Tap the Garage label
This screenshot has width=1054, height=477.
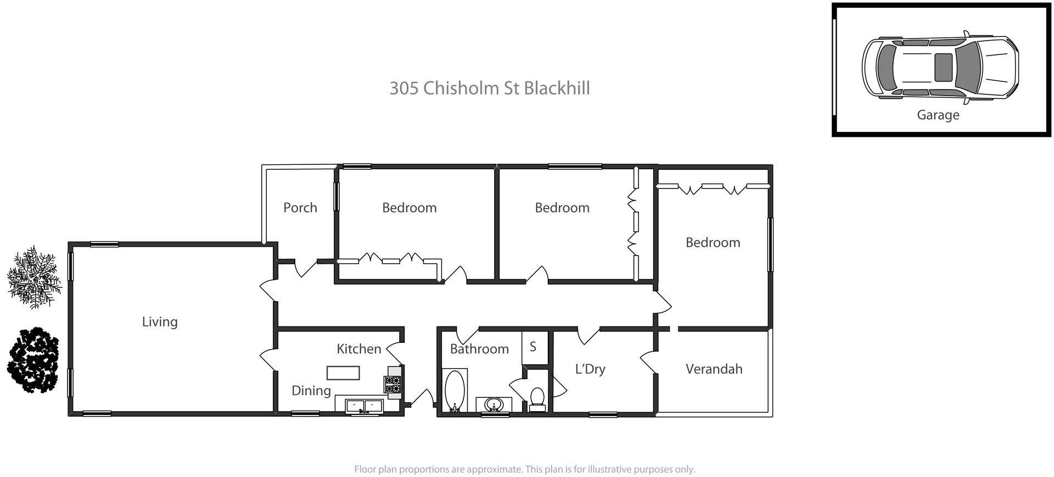coord(938,115)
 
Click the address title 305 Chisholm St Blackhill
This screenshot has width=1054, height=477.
coord(489,88)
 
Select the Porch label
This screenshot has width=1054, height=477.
coord(300,208)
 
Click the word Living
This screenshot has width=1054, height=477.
coord(159,321)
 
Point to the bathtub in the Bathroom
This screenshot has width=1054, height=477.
coord(454,391)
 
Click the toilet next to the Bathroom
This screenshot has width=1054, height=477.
coord(537,398)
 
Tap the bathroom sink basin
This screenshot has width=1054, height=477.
coord(494,406)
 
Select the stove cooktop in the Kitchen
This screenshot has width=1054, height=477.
coord(393,384)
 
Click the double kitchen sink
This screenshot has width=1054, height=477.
coord(363,407)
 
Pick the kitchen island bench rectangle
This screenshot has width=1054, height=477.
coord(343,373)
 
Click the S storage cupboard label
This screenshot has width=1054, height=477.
coord(532,347)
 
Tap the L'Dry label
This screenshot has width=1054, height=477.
coord(590,369)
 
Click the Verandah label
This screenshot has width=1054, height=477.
coord(713,369)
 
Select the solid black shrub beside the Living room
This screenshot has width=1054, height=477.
coord(33,360)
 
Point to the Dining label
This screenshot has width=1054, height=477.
coord(311,391)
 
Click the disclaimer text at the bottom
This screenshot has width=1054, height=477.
coord(524,469)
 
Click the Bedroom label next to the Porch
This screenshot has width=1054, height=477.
coord(409,208)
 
